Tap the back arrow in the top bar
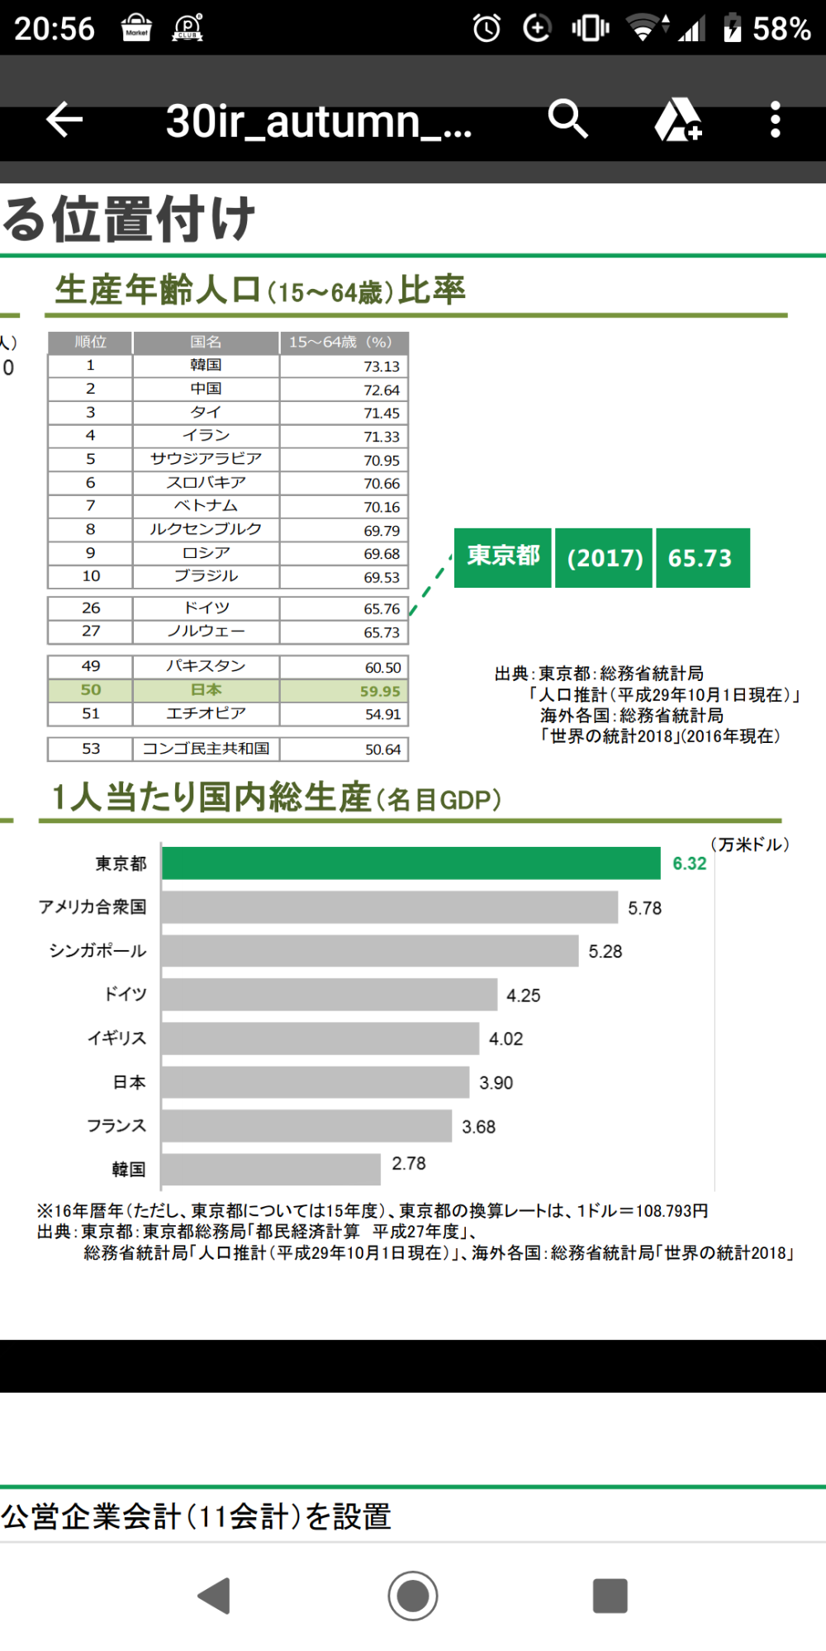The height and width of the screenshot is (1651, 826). pos(64,121)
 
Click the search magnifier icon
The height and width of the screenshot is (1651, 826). pos(567,120)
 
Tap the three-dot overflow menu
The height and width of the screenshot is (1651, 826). pos(775,121)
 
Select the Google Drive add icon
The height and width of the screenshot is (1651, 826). pos(677,121)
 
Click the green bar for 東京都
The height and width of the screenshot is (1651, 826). pos(411,863)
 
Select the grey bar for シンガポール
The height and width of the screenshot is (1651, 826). pos(369,951)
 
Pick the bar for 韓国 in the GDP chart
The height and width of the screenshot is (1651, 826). pos(271,1169)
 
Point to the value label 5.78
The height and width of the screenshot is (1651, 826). pos(644,908)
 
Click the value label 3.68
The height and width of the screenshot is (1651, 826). pos(478,1127)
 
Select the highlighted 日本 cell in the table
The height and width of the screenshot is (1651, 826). pos(206,690)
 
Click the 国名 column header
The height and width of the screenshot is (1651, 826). pos(206,342)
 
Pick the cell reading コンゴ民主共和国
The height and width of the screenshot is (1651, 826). pos(206,749)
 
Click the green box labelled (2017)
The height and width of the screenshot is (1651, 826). pos(604,558)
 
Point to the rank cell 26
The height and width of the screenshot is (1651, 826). pos(91,608)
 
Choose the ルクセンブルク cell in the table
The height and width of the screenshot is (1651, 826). pos(206,529)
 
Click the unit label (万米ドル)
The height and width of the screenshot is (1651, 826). pos(750,844)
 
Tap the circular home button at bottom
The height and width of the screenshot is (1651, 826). pos(413,1596)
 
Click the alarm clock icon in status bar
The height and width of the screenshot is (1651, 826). pos(487,28)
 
